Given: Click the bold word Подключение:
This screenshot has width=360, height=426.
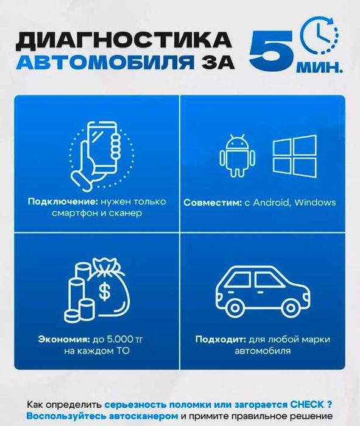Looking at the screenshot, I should (58, 201).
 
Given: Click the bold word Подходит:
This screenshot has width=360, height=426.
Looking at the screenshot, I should (217, 339).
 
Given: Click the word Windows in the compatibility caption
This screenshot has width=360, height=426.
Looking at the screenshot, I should (314, 202).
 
